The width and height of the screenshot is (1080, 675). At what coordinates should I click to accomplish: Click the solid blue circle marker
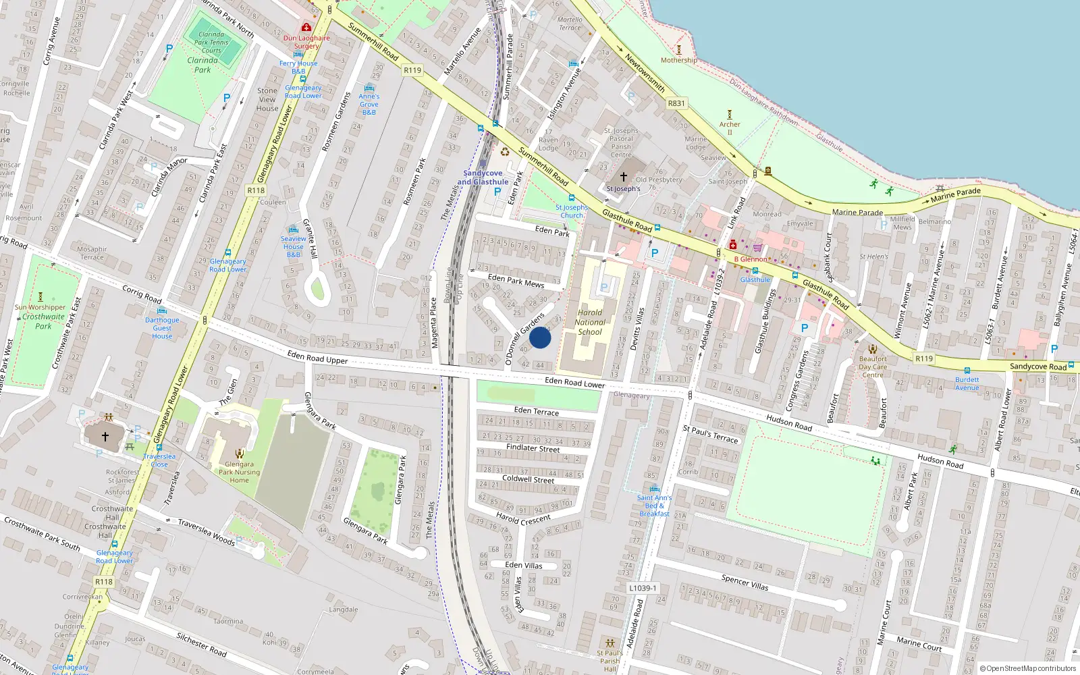[x=540, y=337]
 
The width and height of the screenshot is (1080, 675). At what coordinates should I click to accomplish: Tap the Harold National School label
[x=590, y=322]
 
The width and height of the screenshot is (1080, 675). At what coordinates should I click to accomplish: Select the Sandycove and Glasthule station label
[x=483, y=178]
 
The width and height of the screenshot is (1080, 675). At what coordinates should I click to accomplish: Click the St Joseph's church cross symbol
[x=623, y=177]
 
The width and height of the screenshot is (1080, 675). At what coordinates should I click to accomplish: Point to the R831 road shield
[x=676, y=103]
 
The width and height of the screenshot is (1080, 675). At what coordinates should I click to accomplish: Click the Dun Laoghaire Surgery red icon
[x=306, y=28]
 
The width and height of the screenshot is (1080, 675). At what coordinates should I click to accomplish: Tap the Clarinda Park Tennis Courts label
[x=211, y=42]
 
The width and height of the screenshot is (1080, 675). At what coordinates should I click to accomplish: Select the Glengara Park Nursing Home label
[x=239, y=472]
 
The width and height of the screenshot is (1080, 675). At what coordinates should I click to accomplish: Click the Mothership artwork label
[x=678, y=60]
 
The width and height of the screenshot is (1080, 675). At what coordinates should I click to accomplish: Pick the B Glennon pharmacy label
[x=751, y=259]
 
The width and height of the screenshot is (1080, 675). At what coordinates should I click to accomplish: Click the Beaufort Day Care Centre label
[x=872, y=367]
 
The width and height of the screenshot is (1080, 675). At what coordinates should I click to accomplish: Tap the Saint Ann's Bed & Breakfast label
[x=654, y=506]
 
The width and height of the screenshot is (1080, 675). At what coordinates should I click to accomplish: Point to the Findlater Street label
[x=533, y=448]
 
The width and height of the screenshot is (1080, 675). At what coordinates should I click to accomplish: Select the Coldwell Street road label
[x=529, y=479]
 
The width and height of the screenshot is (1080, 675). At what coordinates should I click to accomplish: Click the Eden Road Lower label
[x=574, y=383]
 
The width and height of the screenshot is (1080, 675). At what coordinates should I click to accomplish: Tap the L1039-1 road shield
[x=643, y=588]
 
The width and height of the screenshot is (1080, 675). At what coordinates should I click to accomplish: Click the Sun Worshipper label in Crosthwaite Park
[x=40, y=307]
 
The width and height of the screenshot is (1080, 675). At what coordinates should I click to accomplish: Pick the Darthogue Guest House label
[x=162, y=328]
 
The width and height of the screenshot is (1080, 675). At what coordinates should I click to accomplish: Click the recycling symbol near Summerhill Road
[x=504, y=151]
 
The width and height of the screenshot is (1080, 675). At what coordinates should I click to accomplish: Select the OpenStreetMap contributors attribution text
[x=1028, y=668]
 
